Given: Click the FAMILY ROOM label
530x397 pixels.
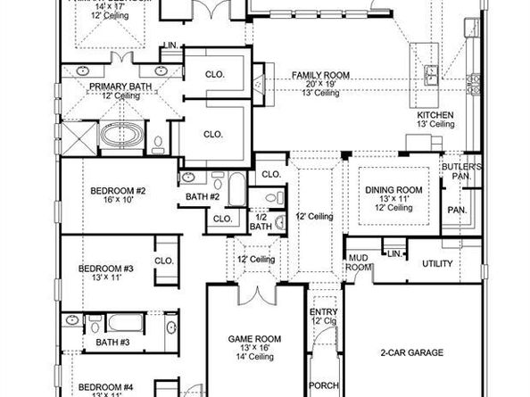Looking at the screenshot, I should [x=320, y=75].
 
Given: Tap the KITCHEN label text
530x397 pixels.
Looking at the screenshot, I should [x=436, y=116].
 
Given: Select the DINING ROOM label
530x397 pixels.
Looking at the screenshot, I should [x=393, y=189].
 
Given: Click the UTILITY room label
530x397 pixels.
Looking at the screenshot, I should [x=437, y=264].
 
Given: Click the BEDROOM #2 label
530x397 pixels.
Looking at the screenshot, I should [x=118, y=191].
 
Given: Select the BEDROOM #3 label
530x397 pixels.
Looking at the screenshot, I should [x=104, y=269].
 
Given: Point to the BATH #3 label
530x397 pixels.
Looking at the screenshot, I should [x=113, y=342].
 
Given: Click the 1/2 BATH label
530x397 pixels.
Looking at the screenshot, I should [x=261, y=221].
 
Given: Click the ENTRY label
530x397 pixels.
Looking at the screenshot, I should [x=323, y=311].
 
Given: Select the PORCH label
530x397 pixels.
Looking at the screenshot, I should [x=322, y=386].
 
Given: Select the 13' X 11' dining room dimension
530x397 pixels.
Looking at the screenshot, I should [x=393, y=198].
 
